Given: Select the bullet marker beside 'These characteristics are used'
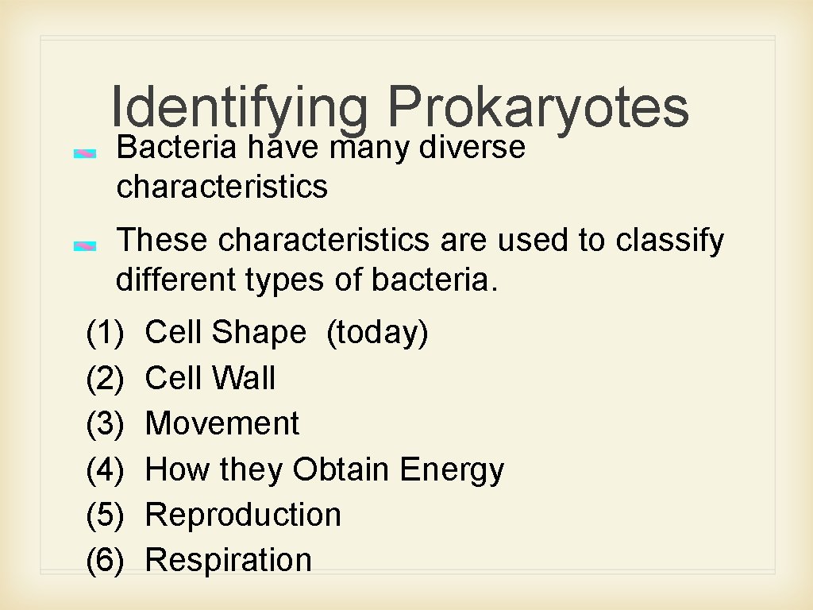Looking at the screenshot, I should coord(85,246).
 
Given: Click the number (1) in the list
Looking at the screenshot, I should coord(105,333).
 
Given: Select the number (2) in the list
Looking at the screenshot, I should coord(105,378).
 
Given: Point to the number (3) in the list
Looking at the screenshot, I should coord(105,423).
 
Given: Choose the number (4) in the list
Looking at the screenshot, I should coord(105,469).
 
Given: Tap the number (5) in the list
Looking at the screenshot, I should coord(105,515).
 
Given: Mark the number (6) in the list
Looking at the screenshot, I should coord(105,560).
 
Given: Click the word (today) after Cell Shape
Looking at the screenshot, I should coord(377,333).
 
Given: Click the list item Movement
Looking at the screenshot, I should coord(222,423).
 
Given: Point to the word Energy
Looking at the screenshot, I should coord(452,470).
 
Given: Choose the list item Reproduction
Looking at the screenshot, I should coord(243,515).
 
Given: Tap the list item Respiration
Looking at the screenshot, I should coord(229,560).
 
